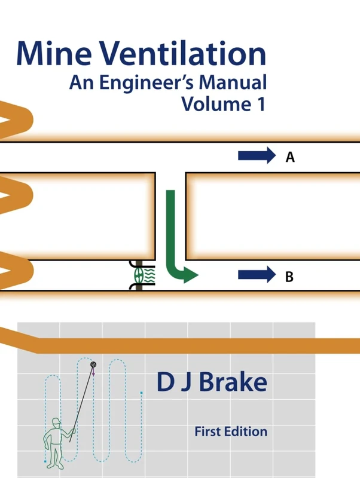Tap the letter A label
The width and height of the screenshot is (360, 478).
[x=290, y=157]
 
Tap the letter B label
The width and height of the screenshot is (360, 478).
[x=289, y=277]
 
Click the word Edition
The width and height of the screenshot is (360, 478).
[x=247, y=431]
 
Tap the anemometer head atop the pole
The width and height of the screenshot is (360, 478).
[x=93, y=364]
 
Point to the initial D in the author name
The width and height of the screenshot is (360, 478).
[x=166, y=382]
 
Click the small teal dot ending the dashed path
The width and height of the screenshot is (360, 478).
[x=141, y=393]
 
